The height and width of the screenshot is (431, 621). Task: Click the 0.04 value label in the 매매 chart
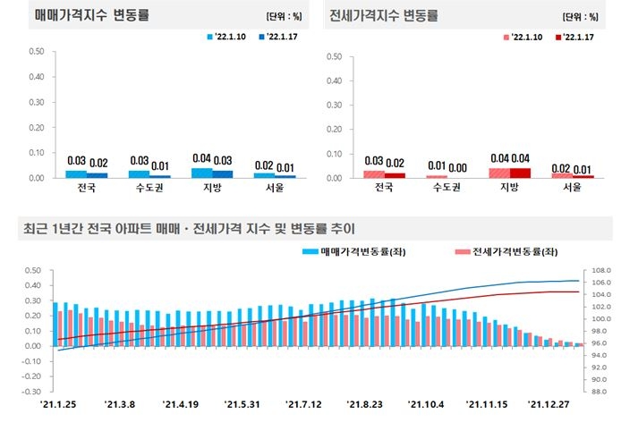pyautogui.click(x=201, y=159)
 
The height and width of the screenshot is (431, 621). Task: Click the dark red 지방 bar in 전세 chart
pyautogui.click(x=520, y=173)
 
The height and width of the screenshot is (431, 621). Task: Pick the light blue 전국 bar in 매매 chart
pyautogui.click(x=76, y=173)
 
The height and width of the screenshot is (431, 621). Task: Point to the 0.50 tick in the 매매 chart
pyautogui.click(x=37, y=51)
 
